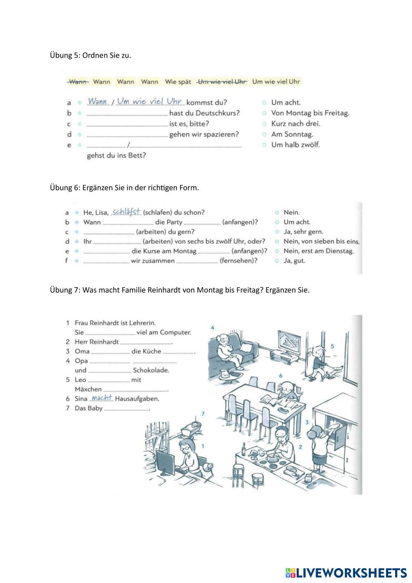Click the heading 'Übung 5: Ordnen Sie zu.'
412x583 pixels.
91,55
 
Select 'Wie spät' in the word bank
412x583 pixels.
178,82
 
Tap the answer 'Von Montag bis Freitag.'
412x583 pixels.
310,113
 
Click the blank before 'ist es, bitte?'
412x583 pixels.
127,123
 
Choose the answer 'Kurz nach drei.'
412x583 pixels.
295,124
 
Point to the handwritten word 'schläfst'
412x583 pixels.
126,212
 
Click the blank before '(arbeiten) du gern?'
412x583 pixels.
109,232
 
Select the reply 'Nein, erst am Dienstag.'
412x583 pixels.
318,251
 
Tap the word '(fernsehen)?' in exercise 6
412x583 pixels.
239,261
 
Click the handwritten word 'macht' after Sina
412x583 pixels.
101,398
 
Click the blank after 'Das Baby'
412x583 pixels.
126,409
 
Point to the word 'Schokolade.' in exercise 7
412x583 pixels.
151,370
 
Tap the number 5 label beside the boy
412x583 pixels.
332,346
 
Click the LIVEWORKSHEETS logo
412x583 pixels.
346,573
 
